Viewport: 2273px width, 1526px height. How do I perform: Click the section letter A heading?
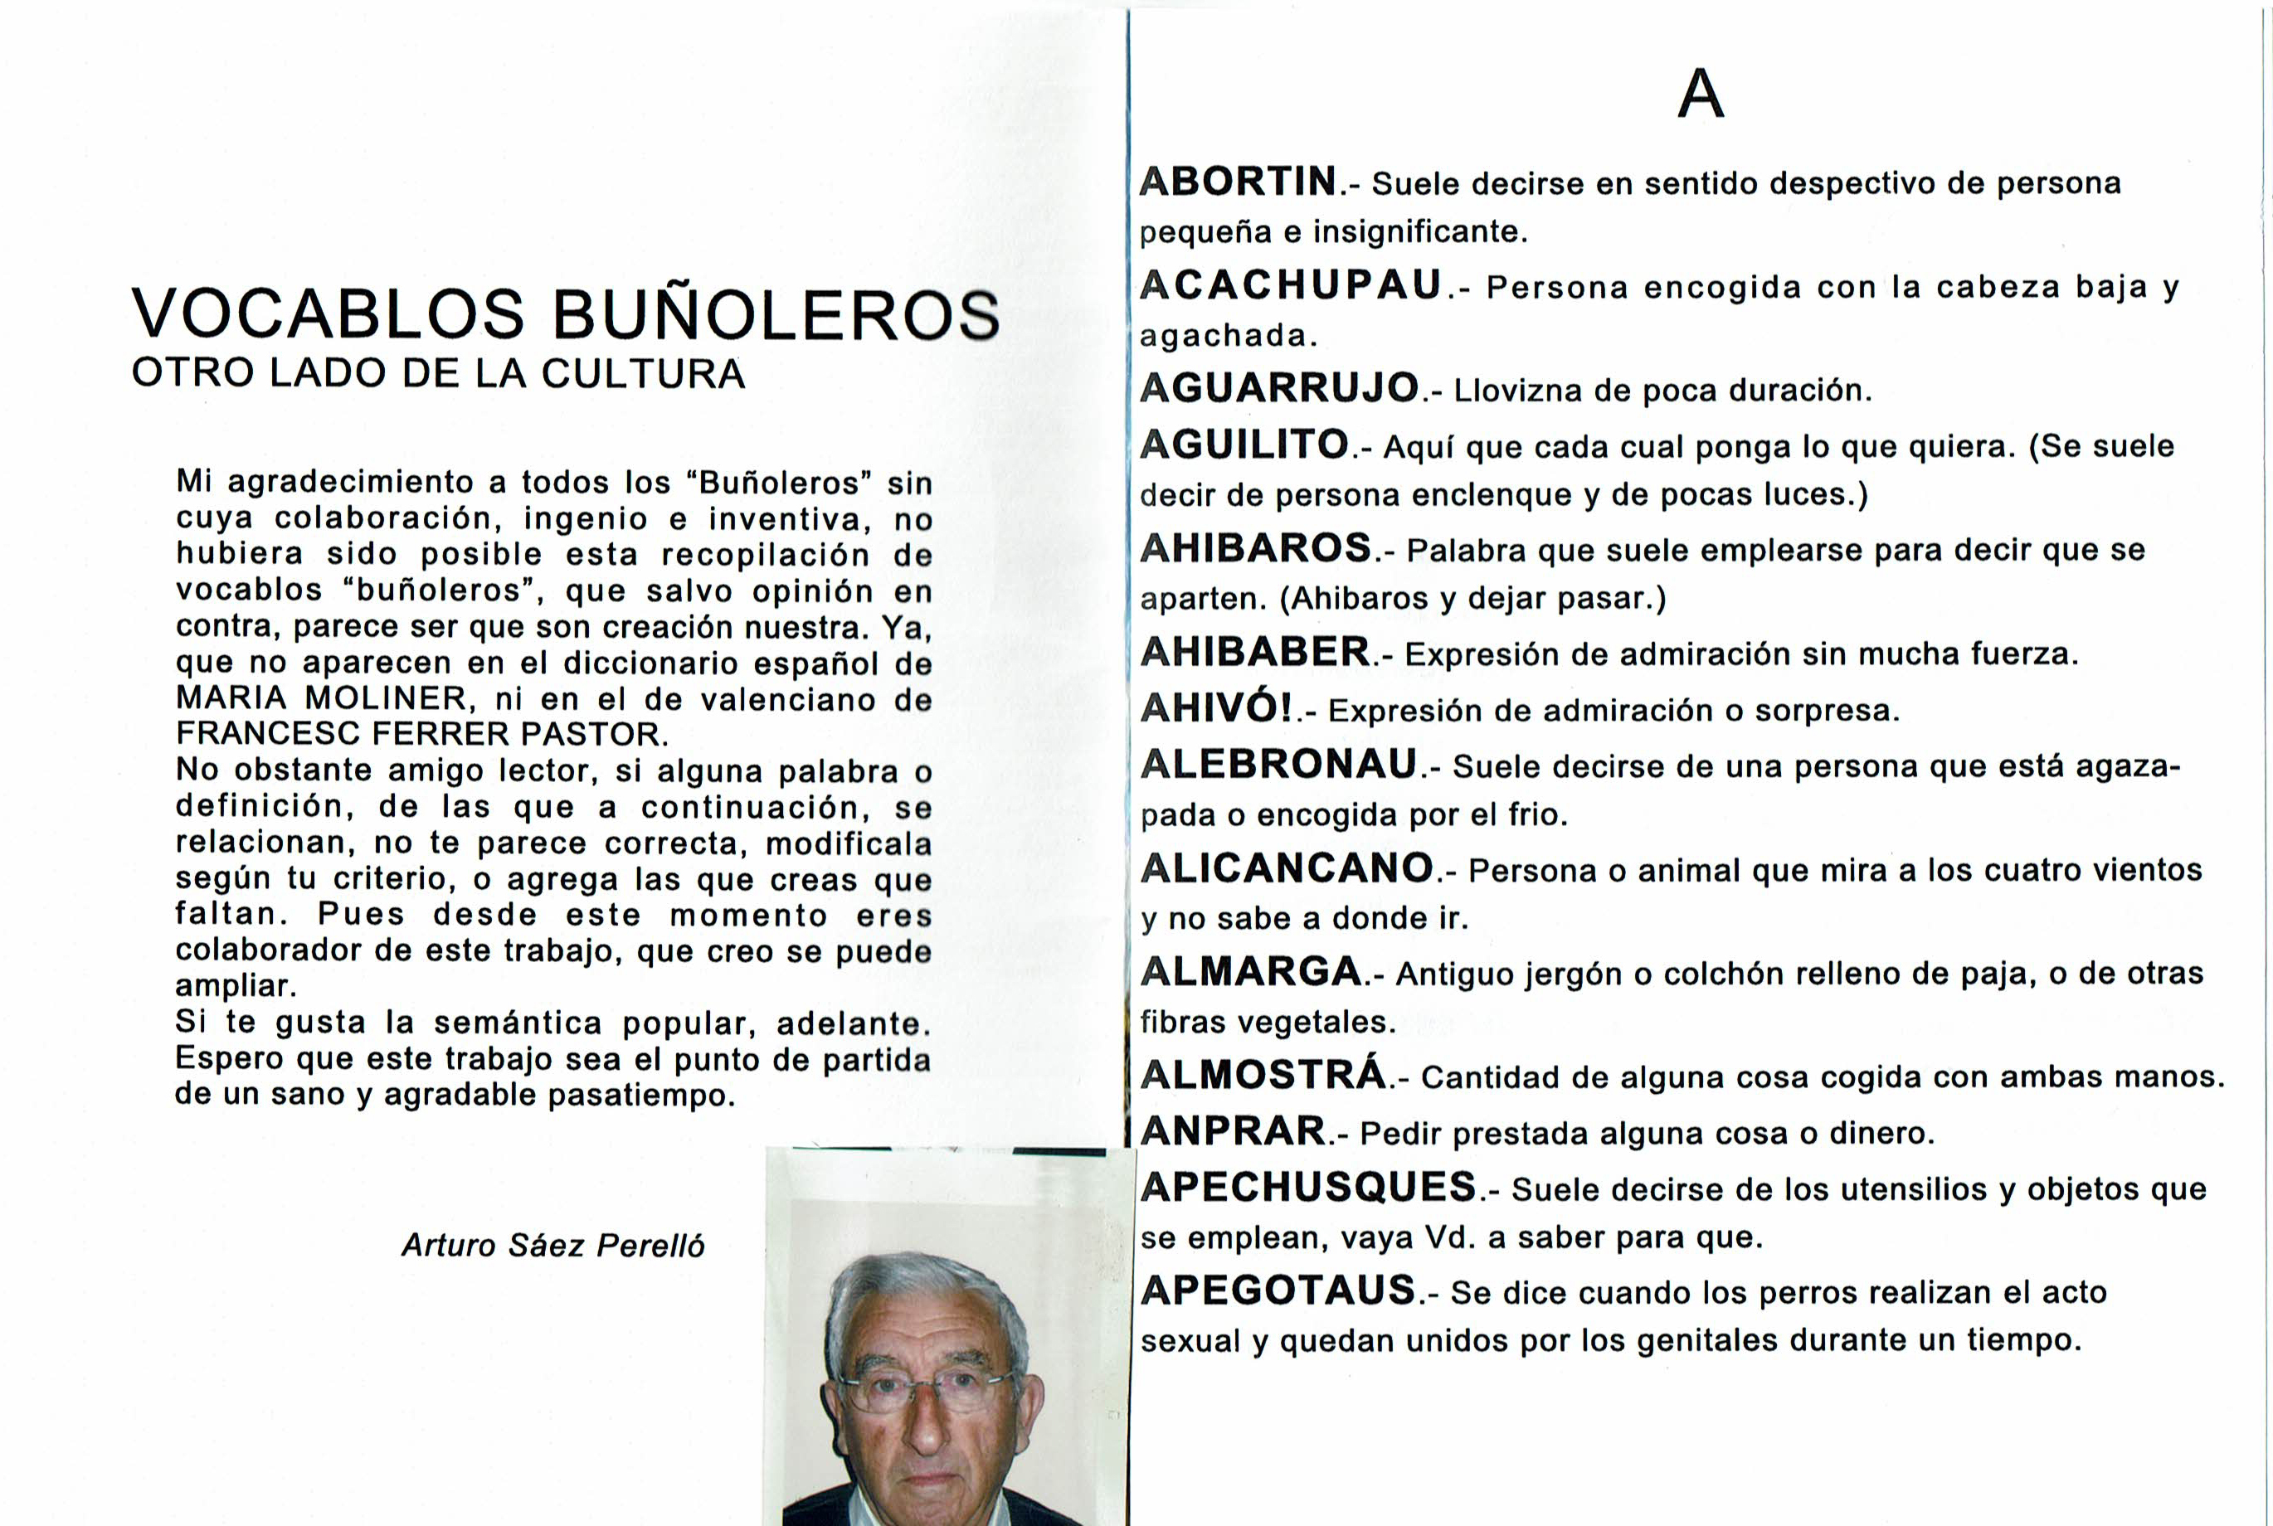1701,95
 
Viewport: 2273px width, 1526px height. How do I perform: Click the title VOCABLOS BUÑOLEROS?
566,314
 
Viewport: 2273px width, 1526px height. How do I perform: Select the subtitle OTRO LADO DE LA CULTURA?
438,374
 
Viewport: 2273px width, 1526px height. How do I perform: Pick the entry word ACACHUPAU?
1291,285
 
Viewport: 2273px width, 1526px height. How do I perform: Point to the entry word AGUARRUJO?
1279,388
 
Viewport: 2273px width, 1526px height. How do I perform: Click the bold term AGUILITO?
1244,445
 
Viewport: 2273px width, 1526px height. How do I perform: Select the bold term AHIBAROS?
1256,549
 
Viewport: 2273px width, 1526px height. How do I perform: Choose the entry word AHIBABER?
1255,652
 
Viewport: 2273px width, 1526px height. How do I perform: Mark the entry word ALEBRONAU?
1279,764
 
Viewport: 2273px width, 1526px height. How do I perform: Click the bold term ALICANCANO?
1287,868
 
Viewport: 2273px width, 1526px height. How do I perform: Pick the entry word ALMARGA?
1251,971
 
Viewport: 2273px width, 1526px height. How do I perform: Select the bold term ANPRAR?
1233,1132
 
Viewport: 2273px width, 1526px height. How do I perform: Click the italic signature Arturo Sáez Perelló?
553,1246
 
